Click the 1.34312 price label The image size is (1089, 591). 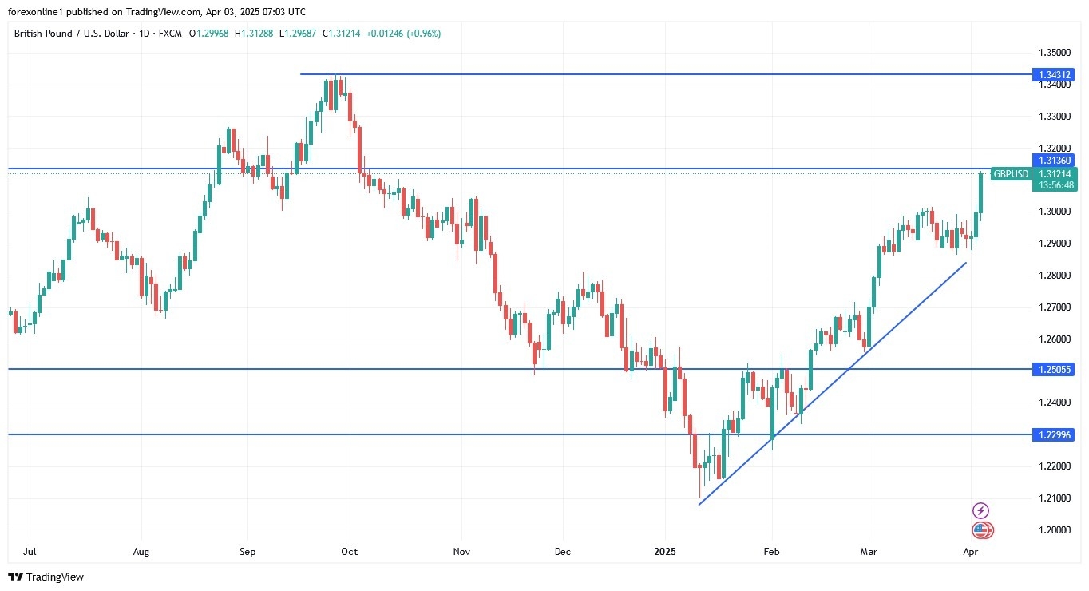coord(1055,74)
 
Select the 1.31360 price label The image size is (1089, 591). coord(1055,160)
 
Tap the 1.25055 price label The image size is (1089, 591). coord(1055,369)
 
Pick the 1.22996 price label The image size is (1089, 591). coord(1055,434)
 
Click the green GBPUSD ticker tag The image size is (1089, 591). coord(1011,173)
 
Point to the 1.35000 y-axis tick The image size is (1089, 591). coord(1055,53)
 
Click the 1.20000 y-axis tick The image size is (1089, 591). coord(1055,530)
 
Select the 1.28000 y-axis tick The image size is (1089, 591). coord(1055,276)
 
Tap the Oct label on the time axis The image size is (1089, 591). coord(349,551)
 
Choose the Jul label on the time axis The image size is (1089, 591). coord(29,551)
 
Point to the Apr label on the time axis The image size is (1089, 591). coord(971,551)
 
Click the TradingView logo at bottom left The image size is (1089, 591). coord(46,577)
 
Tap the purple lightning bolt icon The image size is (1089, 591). coord(981,510)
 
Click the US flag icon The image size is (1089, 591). coord(981,530)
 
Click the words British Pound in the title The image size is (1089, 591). coord(43,34)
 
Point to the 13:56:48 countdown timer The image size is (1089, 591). coord(1055,185)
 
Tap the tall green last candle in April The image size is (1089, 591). coord(980,192)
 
